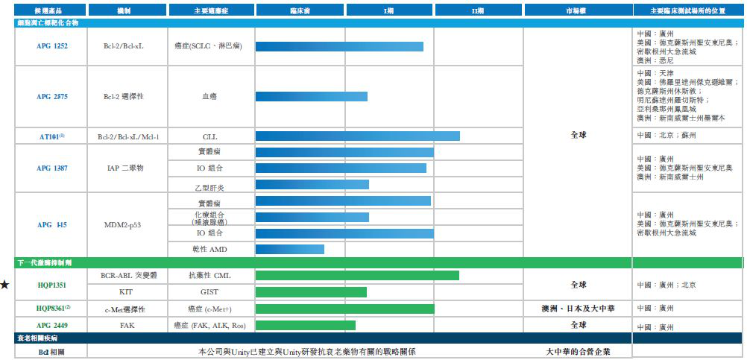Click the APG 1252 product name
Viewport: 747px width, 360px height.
point(52,45)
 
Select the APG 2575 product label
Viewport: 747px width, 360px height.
point(52,96)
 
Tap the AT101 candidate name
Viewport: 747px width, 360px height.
point(52,136)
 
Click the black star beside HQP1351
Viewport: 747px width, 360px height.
point(5,284)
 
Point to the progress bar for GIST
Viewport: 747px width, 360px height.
point(311,292)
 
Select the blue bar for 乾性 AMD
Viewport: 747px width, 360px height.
point(289,249)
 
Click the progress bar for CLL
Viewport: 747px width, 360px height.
point(357,136)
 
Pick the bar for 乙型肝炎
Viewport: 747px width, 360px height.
point(312,184)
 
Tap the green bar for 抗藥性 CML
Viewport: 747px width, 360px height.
point(357,276)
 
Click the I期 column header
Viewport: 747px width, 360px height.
point(389,10)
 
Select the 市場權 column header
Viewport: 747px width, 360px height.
point(578,10)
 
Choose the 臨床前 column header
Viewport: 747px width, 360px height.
point(300,10)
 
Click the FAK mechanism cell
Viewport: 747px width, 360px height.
point(127,325)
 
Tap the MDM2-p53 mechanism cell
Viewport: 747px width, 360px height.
point(127,224)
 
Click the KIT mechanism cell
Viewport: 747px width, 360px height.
point(127,292)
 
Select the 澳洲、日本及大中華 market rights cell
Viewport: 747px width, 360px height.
point(579,308)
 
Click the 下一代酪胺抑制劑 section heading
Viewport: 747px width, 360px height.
point(45,263)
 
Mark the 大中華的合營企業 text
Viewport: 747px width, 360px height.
point(579,351)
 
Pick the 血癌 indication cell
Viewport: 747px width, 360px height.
point(210,96)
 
